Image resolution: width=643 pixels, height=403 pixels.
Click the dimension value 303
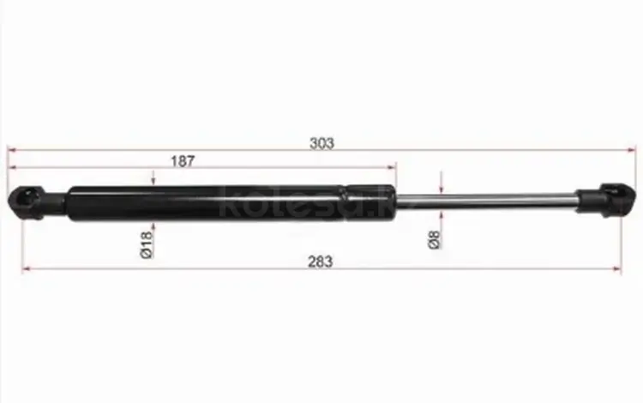[x=321, y=143]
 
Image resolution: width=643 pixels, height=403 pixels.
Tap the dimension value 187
[x=183, y=161]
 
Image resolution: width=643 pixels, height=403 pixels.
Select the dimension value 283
[x=321, y=262]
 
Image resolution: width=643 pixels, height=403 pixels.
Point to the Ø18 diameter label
[x=147, y=244]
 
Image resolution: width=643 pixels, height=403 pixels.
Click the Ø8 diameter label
[x=434, y=240]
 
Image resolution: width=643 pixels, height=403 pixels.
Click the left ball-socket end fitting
[x=36, y=202]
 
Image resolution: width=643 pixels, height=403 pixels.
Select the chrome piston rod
[x=486, y=202]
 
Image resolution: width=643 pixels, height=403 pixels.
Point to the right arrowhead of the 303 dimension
[x=631, y=150]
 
